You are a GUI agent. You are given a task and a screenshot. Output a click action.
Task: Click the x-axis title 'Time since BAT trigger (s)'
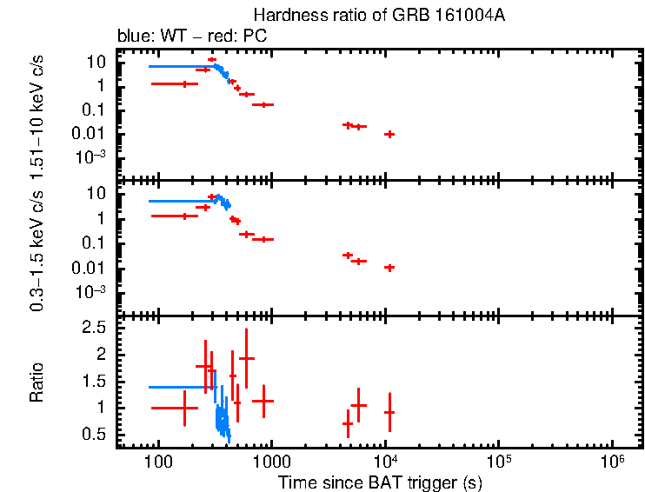tap(380, 482)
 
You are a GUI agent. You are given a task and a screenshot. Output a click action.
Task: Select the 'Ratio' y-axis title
tap(37, 382)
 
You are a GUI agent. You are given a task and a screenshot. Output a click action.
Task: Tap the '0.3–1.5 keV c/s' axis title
tap(37, 247)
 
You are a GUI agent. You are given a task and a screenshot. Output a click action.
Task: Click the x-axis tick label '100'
tap(158, 462)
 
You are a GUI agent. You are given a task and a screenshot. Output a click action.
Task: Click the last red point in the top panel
tap(390, 134)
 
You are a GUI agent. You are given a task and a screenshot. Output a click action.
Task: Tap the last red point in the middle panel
tap(389, 268)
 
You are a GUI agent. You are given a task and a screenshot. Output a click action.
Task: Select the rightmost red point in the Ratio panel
tap(389, 412)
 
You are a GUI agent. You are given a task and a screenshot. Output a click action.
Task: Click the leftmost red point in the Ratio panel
tap(184, 407)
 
